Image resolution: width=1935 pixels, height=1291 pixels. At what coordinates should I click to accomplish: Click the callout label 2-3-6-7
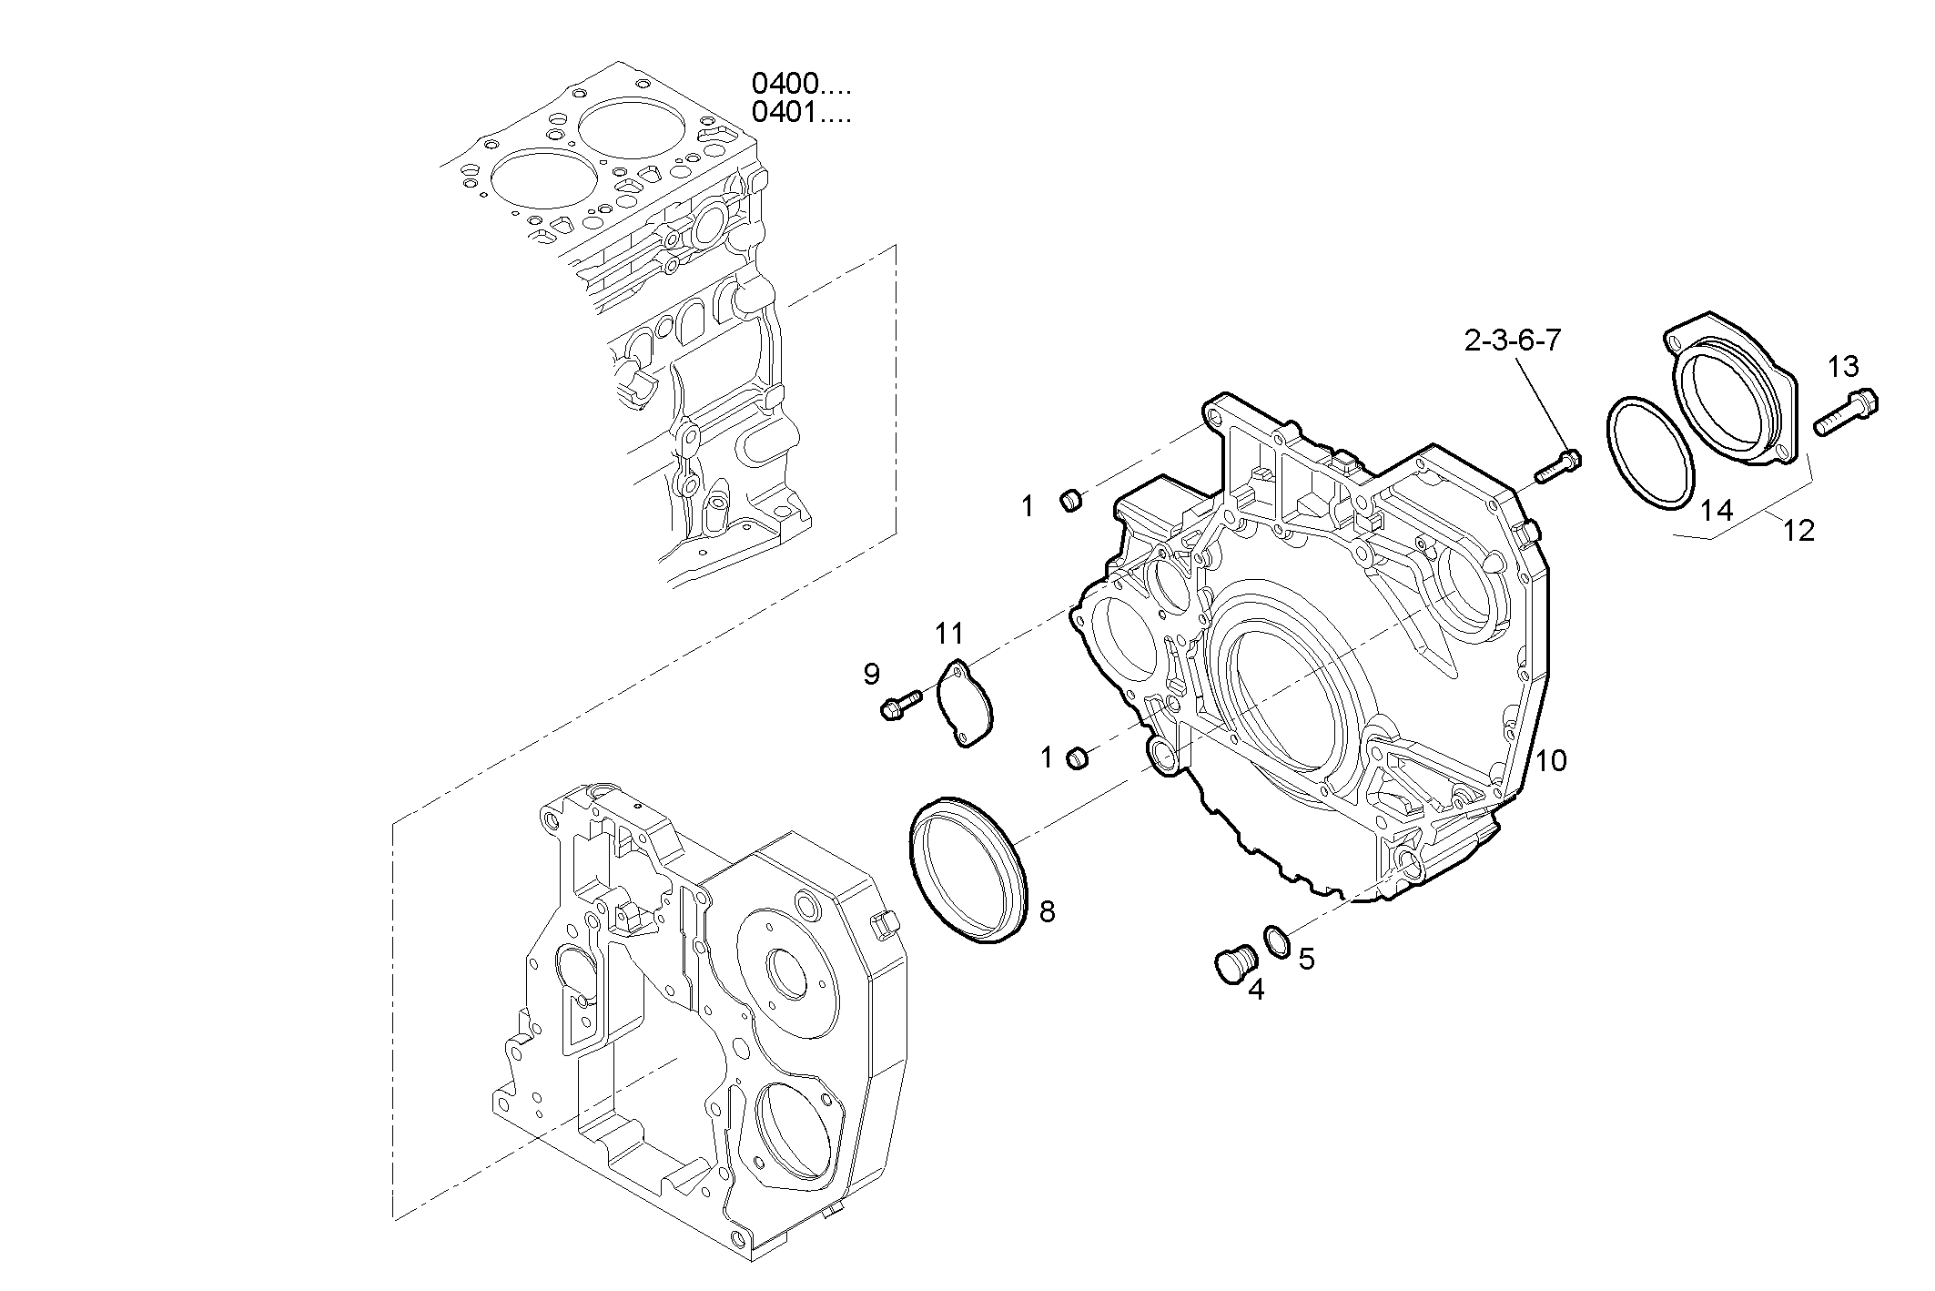[x=1512, y=341]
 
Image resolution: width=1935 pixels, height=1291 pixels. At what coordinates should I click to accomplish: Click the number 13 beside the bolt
[x=1843, y=367]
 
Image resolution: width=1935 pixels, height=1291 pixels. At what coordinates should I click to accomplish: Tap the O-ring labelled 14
[x=1649, y=452]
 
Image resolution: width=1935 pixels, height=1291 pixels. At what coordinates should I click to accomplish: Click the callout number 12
[x=1798, y=531]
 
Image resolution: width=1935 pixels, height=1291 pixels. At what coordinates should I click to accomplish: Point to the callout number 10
[x=1551, y=760]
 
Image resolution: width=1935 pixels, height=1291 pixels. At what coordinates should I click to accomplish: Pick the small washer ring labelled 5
[x=1276, y=940]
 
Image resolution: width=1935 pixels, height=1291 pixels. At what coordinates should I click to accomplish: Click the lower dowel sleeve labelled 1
[x=1077, y=757]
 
